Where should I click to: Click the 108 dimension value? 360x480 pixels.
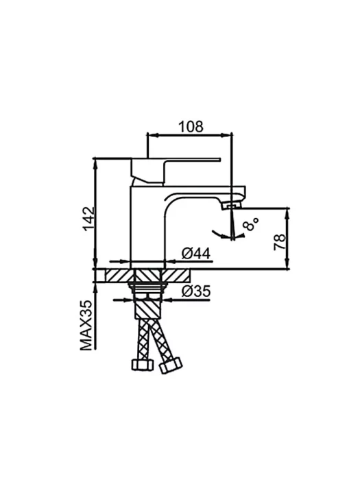191,126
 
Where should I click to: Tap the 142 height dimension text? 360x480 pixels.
89,219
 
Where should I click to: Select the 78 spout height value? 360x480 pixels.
280,242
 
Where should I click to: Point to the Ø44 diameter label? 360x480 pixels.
196,254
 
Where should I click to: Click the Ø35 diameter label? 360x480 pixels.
196,291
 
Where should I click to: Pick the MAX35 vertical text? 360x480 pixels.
86,326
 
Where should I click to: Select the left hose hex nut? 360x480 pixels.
142,365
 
